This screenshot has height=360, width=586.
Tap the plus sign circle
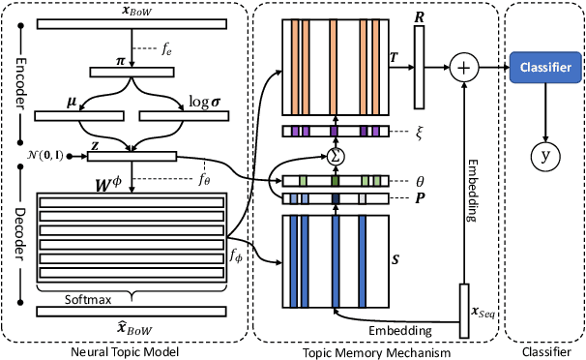[x=465, y=67]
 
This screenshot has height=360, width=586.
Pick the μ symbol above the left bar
[x=73, y=100]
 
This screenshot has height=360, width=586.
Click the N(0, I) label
[x=39, y=155]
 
